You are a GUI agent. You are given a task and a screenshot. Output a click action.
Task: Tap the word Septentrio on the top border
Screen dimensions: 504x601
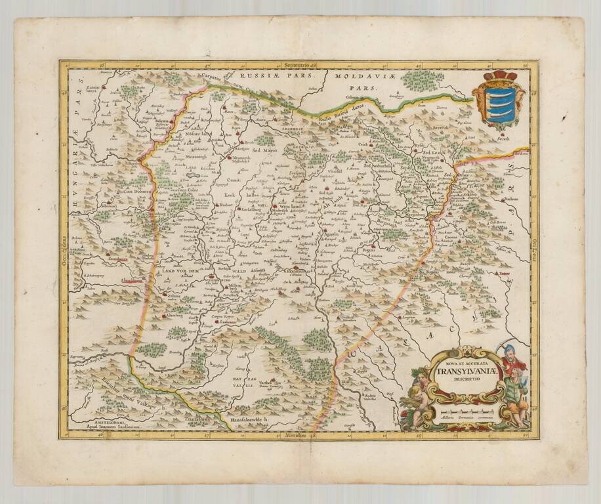coord(296,66)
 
